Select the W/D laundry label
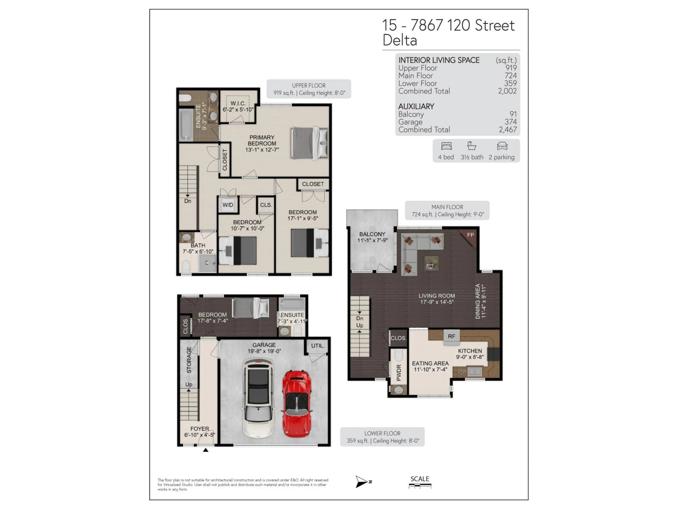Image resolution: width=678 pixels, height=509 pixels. coord(228,205)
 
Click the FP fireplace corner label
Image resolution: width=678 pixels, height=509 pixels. coord(471,235)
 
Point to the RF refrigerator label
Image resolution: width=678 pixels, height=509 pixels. coord(451,336)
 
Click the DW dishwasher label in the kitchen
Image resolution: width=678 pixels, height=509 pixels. coord(462,372)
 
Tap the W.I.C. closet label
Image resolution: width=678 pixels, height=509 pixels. coord(238,103)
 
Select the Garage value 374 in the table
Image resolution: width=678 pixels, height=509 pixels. coord(511,122)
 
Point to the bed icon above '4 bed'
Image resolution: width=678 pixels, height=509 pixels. coord(446,146)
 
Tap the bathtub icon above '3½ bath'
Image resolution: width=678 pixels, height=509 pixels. coord(471,146)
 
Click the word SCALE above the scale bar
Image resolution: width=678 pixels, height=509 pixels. coord(420,479)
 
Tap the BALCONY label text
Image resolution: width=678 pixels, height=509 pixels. coord(372,234)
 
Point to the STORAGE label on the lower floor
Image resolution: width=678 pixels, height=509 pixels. coord(189,360)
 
